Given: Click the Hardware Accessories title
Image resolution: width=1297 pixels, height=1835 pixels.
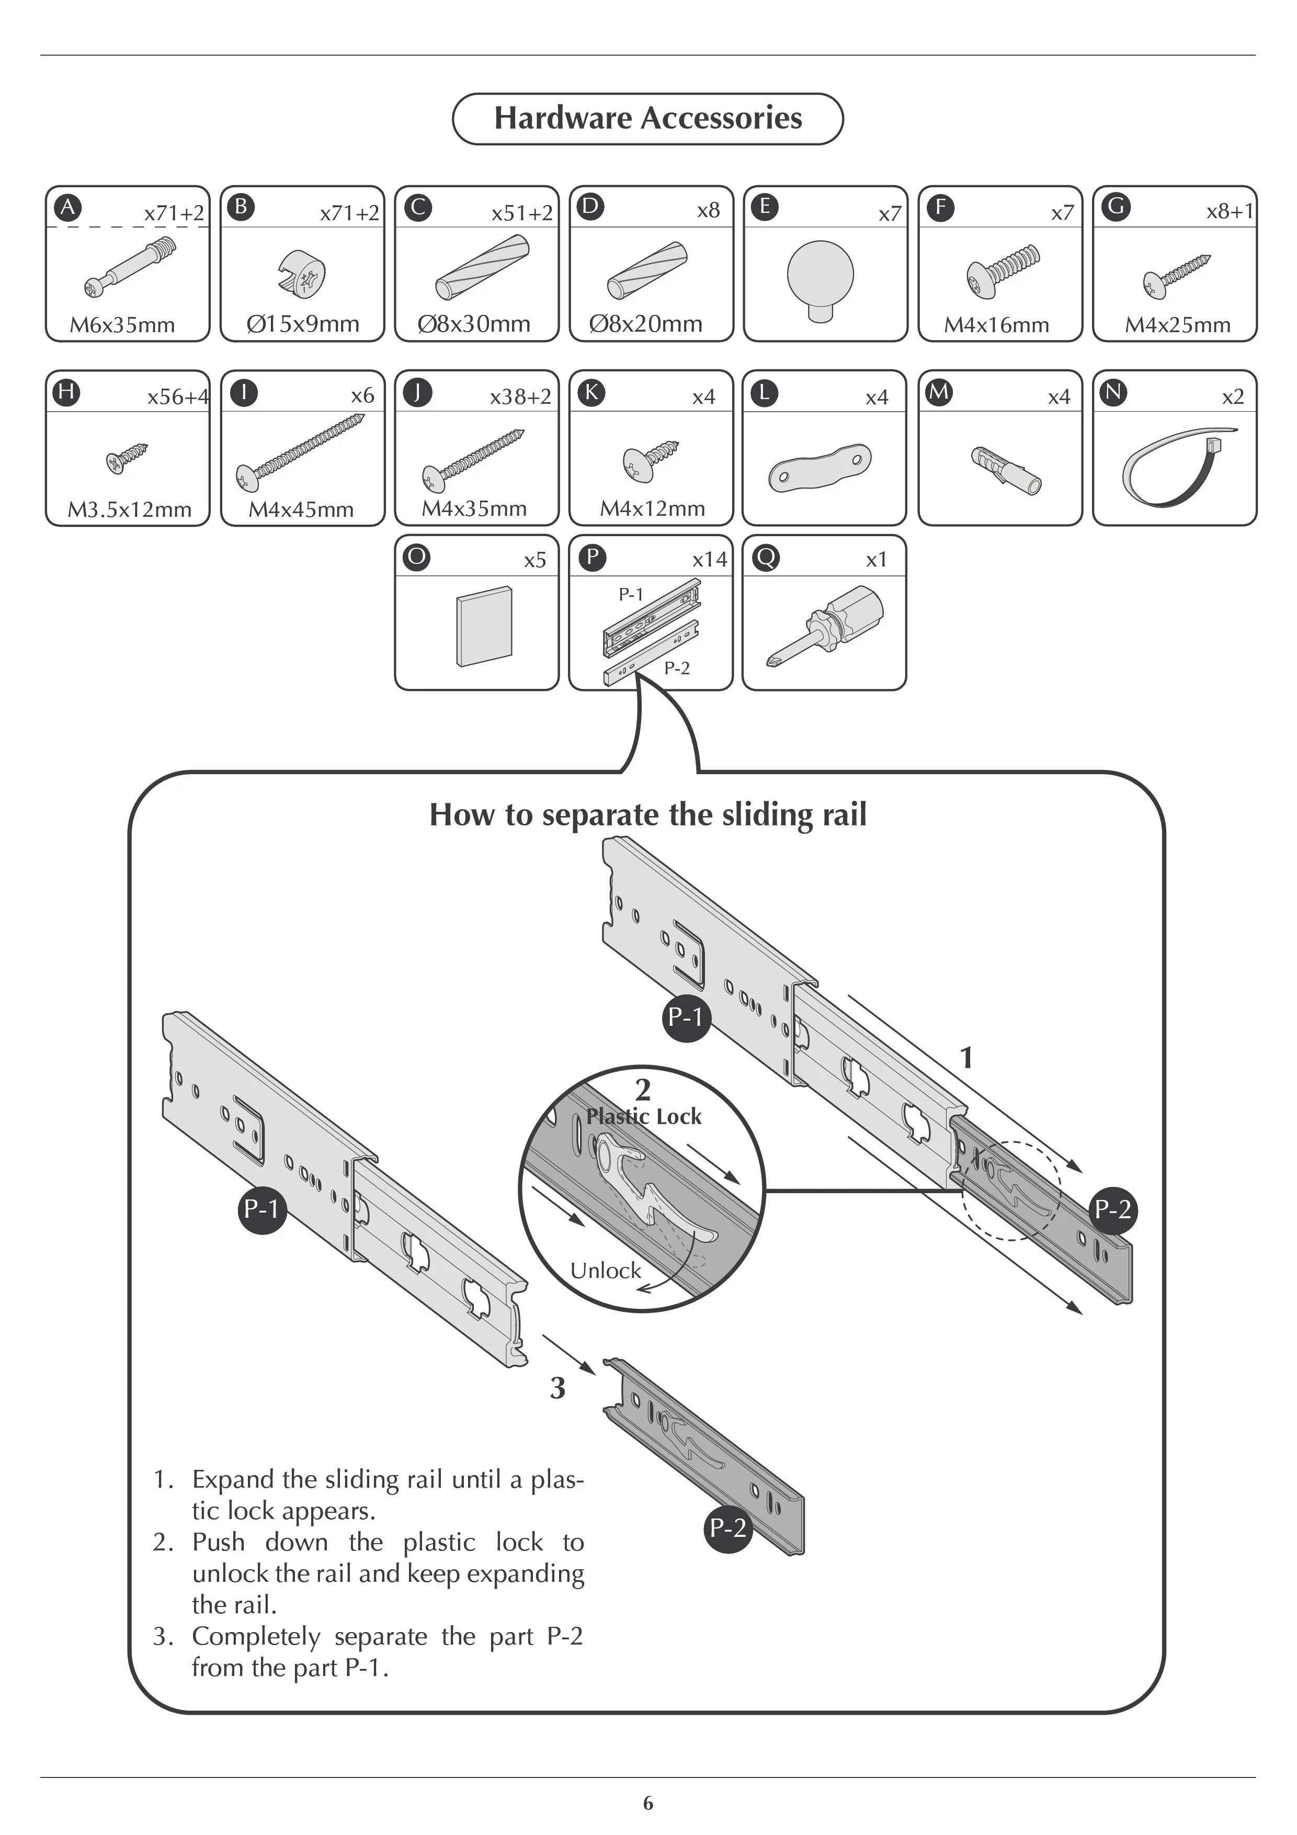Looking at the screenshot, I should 647,118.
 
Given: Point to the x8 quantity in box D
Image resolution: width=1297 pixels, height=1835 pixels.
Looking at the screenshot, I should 708,210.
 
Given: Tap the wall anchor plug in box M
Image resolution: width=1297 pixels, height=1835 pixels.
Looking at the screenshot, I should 1006,470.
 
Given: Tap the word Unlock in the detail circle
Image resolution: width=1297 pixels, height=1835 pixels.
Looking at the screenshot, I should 606,1271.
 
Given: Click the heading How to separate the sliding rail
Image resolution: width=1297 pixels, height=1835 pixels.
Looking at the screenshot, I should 647,814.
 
